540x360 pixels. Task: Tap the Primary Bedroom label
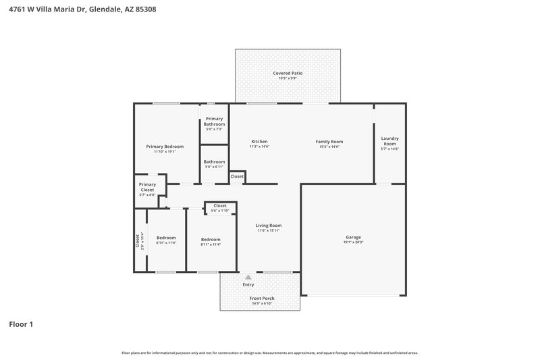[x=165, y=146]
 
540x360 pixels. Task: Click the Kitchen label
[x=259, y=141]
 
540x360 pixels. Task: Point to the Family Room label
[x=329, y=141]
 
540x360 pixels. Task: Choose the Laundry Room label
[x=389, y=140]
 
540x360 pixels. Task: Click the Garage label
[x=353, y=237]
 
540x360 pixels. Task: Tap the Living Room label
[x=268, y=226]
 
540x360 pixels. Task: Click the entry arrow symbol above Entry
[x=248, y=277]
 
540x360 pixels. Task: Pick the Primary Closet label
[x=147, y=187]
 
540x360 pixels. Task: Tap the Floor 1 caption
[x=21, y=324]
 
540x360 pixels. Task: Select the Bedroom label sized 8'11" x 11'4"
[x=211, y=239]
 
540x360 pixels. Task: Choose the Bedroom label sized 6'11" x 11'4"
[x=166, y=238]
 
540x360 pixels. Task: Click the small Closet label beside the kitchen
[x=237, y=176]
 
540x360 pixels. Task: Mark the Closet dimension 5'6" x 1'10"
[x=220, y=210]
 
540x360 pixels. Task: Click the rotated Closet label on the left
[x=137, y=240]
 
